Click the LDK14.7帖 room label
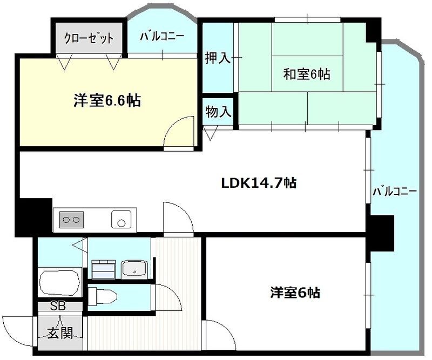coord(258,183)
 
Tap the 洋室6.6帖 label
coord(107,101)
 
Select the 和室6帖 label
coord(307,74)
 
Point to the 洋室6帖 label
coord(295,293)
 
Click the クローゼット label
coord(89,38)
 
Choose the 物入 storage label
coord(219,112)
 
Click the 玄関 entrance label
coord(59,333)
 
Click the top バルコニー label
coord(162,37)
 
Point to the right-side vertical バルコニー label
coord(394,192)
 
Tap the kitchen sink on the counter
coord(121,220)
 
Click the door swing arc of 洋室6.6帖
coord(178,131)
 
